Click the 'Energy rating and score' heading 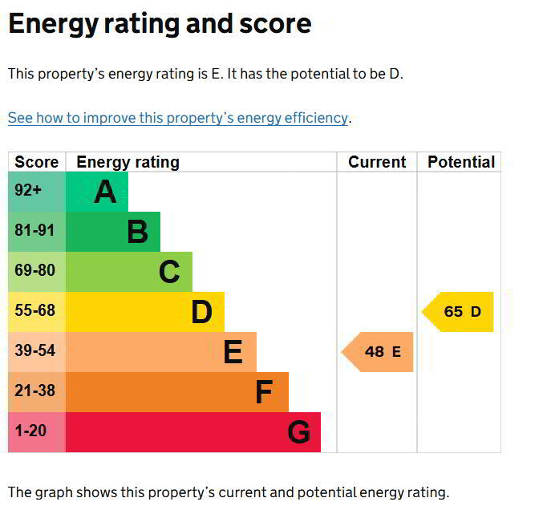coord(160,24)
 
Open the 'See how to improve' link coord(178,118)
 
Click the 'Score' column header coord(36,162)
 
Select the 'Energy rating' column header coord(128,162)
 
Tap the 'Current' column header coord(377,162)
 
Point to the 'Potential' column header coord(460,162)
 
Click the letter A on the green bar coord(105,192)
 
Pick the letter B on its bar coord(137,232)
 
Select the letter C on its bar coord(169,272)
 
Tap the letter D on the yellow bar coord(201,312)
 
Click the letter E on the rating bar coord(233,352)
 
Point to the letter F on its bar coord(264,392)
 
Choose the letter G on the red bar coord(298,433)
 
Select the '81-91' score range coord(34,231)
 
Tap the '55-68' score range coord(34,310)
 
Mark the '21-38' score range coord(34,391)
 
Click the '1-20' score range coord(30,431)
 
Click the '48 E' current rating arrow coord(379,352)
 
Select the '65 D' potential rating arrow coord(460,312)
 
